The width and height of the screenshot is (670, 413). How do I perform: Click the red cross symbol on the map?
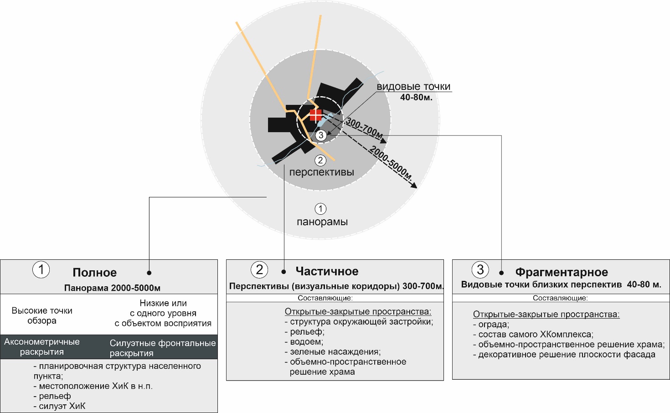[x=315, y=115]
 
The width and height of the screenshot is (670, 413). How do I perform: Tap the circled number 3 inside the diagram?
[x=321, y=135]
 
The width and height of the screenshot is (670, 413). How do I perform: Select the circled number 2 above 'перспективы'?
[x=320, y=160]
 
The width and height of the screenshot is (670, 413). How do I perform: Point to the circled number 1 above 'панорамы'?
[x=320, y=209]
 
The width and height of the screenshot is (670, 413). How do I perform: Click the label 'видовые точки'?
[x=413, y=87]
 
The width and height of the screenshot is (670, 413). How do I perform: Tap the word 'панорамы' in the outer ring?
[x=322, y=222]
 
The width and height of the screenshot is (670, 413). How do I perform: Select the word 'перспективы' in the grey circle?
[x=321, y=172]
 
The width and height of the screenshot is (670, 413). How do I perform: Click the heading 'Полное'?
[x=94, y=273]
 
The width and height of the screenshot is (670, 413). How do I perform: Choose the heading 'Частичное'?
[x=327, y=271]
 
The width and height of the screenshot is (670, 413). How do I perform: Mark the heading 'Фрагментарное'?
[x=561, y=272]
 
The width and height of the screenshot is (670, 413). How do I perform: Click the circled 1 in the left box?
[x=41, y=269]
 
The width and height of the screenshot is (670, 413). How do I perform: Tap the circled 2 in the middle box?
[x=259, y=269]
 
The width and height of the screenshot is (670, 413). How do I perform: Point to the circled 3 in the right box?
[x=480, y=269]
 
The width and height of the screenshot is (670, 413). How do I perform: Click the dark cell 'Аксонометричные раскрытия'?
[x=42, y=347]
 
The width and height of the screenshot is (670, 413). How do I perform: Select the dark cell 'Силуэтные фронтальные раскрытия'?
[x=162, y=348]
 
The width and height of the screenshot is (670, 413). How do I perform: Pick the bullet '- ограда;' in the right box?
[x=491, y=325]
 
